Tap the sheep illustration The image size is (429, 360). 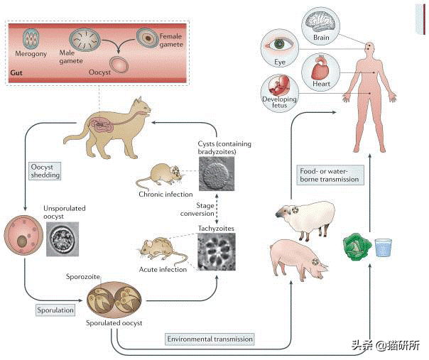(x=303, y=217)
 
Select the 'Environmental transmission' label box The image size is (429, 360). (x=210, y=339)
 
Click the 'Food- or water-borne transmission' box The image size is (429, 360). (x=328, y=175)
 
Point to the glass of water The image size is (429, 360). (x=384, y=246)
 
